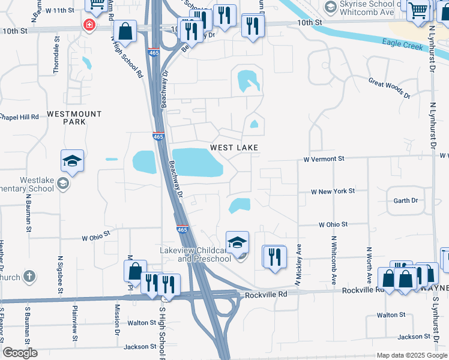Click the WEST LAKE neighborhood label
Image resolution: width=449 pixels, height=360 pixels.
coord(234,148)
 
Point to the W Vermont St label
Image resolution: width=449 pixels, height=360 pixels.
coord(324,159)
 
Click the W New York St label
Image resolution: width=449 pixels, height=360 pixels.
coord(333,191)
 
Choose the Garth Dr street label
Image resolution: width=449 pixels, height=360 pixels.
coord(405,200)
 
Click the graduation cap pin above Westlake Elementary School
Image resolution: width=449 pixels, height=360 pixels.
coord(72,161)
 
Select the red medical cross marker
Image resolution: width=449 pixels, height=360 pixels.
coord(89,25)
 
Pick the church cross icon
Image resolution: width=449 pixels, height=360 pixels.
coord(30,277)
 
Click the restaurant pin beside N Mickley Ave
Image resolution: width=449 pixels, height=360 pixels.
coord(274,257)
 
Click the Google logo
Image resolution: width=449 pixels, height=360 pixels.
coord(20,353)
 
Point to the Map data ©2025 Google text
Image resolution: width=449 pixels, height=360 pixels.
coord(412,355)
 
